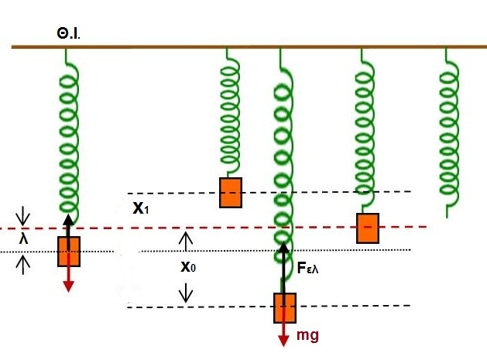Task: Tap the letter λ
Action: click(x=24, y=239)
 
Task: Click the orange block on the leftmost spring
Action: click(x=69, y=252)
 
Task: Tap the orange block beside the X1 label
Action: click(x=230, y=192)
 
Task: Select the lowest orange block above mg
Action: click(x=285, y=307)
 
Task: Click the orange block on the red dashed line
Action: click(x=368, y=228)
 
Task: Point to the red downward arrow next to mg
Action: click(x=285, y=332)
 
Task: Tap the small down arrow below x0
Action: click(x=186, y=293)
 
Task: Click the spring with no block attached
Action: click(x=448, y=132)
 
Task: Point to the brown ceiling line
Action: click(x=248, y=47)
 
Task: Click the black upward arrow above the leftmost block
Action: click(x=68, y=225)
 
